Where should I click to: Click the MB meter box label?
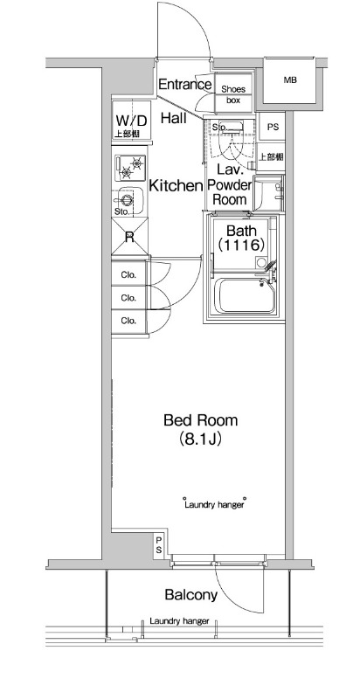pyautogui.click(x=290, y=80)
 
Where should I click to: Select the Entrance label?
pyautogui.click(x=185, y=84)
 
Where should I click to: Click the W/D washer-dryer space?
pyautogui.click(x=131, y=122)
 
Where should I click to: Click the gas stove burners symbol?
pyautogui.click(x=130, y=168)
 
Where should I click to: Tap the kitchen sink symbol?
pyautogui.click(x=128, y=200)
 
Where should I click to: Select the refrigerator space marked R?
pyautogui.click(x=129, y=236)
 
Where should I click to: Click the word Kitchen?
pyautogui.click(x=176, y=185)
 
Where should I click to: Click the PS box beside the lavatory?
pyautogui.click(x=273, y=127)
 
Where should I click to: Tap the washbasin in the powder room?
pyautogui.click(x=270, y=192)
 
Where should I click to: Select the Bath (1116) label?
pyautogui.click(x=242, y=237)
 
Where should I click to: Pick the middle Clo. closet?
pyautogui.click(x=129, y=297)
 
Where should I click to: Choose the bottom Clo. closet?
pyautogui.click(x=129, y=321)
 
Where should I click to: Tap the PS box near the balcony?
pyautogui.click(x=159, y=545)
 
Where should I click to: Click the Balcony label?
pyautogui.click(x=191, y=595)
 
